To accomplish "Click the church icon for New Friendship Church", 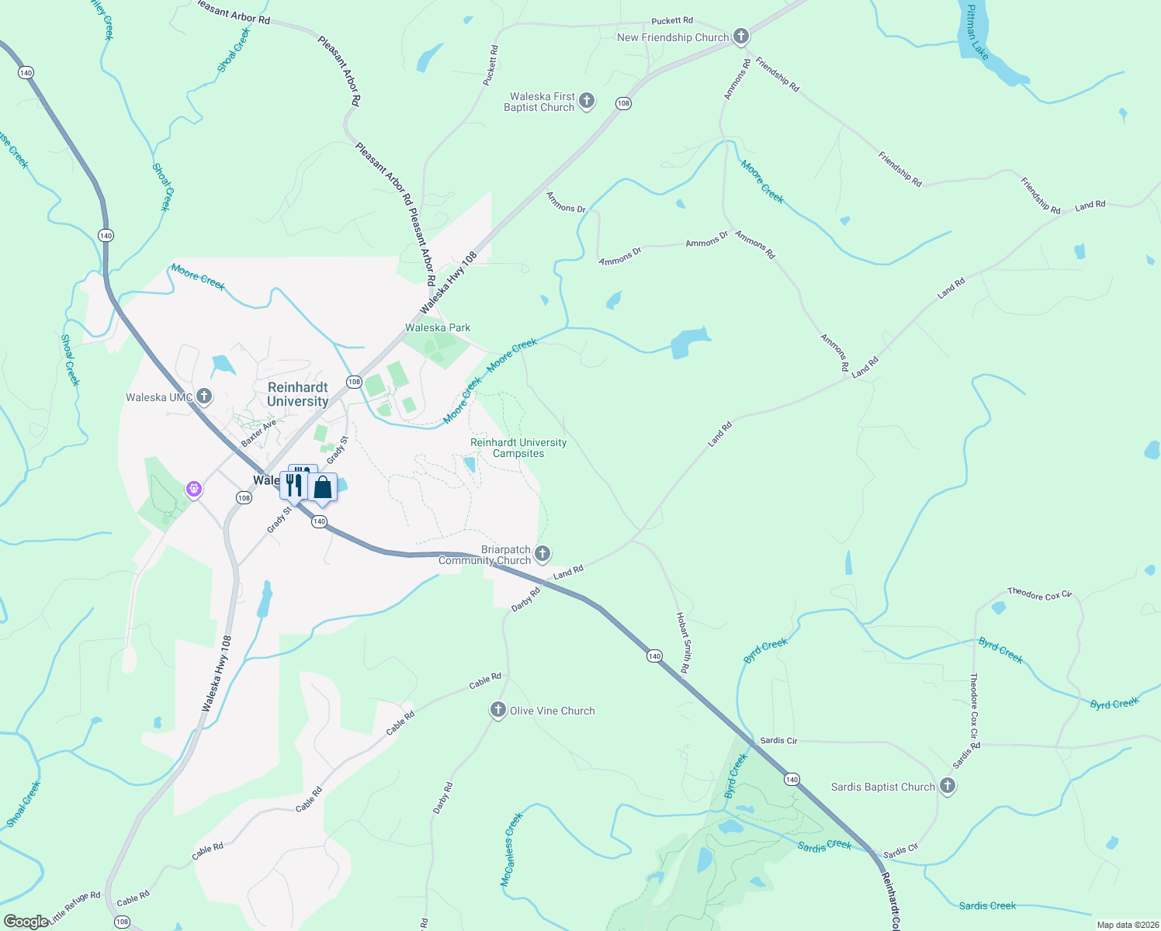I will click(x=741, y=36).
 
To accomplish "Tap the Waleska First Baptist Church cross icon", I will click(x=587, y=100).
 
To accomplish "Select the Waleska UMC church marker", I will click(x=204, y=397).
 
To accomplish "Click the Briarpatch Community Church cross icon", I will click(x=542, y=553).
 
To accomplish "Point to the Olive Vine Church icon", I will click(x=497, y=710).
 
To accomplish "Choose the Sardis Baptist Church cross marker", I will click(x=947, y=786).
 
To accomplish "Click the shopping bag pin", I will click(x=323, y=487).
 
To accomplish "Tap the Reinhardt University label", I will click(x=297, y=394).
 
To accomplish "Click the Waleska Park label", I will click(x=438, y=327).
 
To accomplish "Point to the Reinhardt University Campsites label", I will click(x=518, y=448).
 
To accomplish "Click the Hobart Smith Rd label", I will click(x=683, y=642).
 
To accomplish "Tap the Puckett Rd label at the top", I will click(x=672, y=21).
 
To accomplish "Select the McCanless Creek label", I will click(x=511, y=850).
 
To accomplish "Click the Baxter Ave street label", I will click(x=258, y=433).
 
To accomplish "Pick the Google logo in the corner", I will click(x=26, y=922).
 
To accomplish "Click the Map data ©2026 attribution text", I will click(x=1126, y=925).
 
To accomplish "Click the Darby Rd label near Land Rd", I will click(x=525, y=598).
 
